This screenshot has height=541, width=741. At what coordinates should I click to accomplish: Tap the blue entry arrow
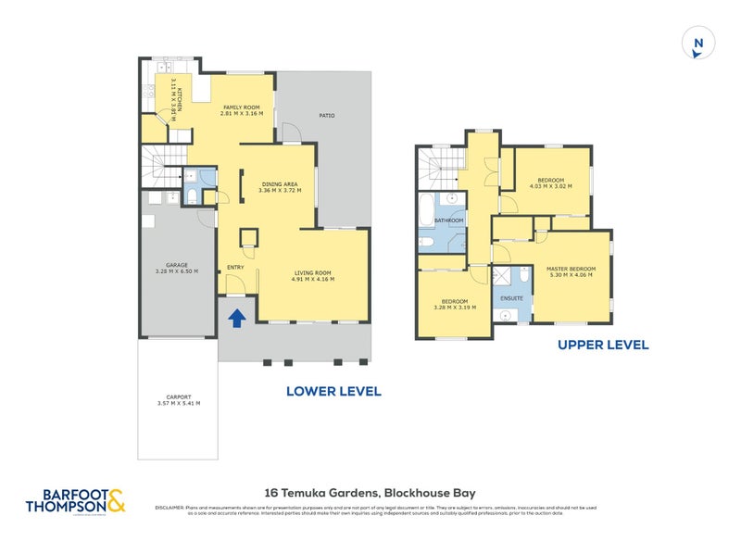coord(237,318)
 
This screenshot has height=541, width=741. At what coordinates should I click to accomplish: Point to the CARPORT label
coord(179,396)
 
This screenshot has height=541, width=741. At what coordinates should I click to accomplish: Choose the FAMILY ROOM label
coord(243,107)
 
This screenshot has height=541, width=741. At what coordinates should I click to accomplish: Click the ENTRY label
coord(234,269)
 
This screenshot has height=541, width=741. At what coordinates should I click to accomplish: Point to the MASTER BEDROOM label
coord(571,269)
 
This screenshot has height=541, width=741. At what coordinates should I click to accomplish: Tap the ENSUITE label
coord(511,298)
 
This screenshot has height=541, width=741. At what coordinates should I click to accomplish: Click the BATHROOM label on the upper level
coord(449,220)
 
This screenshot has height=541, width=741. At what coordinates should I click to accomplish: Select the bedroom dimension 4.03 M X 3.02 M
coord(550,186)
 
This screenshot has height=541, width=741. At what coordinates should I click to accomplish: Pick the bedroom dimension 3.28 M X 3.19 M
coord(454,308)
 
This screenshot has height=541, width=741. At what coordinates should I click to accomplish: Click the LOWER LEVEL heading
coord(333,391)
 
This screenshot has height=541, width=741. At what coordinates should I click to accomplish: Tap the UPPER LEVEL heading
coord(602,345)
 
